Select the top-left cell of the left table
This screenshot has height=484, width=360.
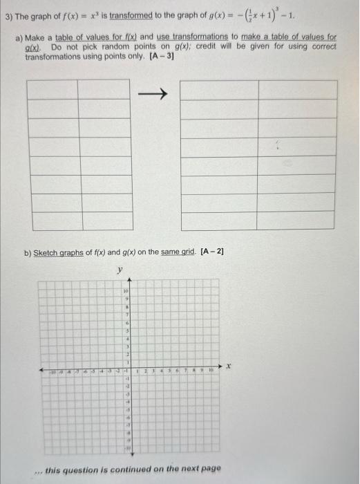pyautogui.click(x=53, y=90)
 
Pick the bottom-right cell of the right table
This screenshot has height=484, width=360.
pyautogui.click(x=298, y=221)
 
